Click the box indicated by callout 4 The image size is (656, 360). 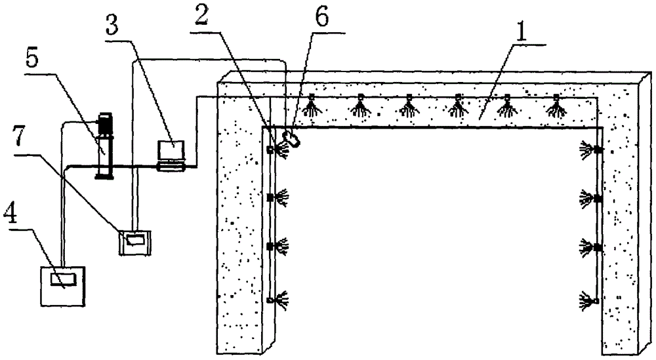click(x=62, y=285)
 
